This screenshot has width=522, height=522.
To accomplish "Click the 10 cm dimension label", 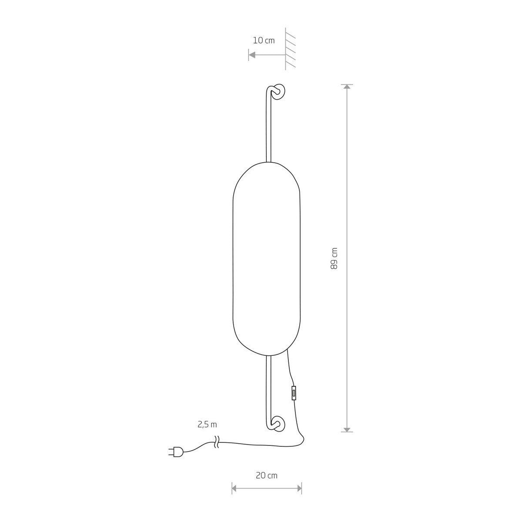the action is (264, 40).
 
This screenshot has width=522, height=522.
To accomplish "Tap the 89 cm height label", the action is (334, 258).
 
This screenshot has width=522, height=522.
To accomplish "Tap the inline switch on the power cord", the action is (293, 393).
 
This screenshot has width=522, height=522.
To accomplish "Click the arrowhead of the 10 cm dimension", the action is (252, 55).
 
